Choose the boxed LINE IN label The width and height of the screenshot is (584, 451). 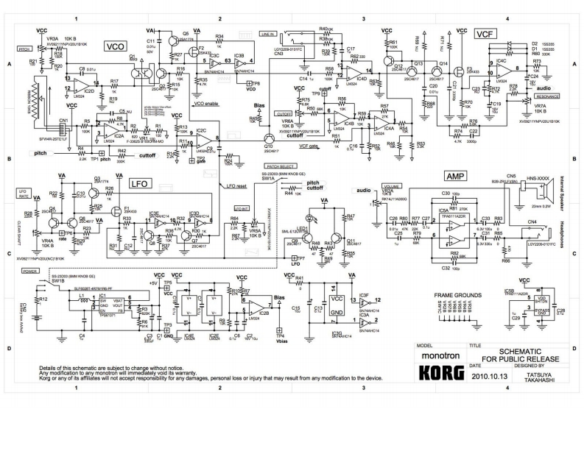[x=267, y=34]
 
